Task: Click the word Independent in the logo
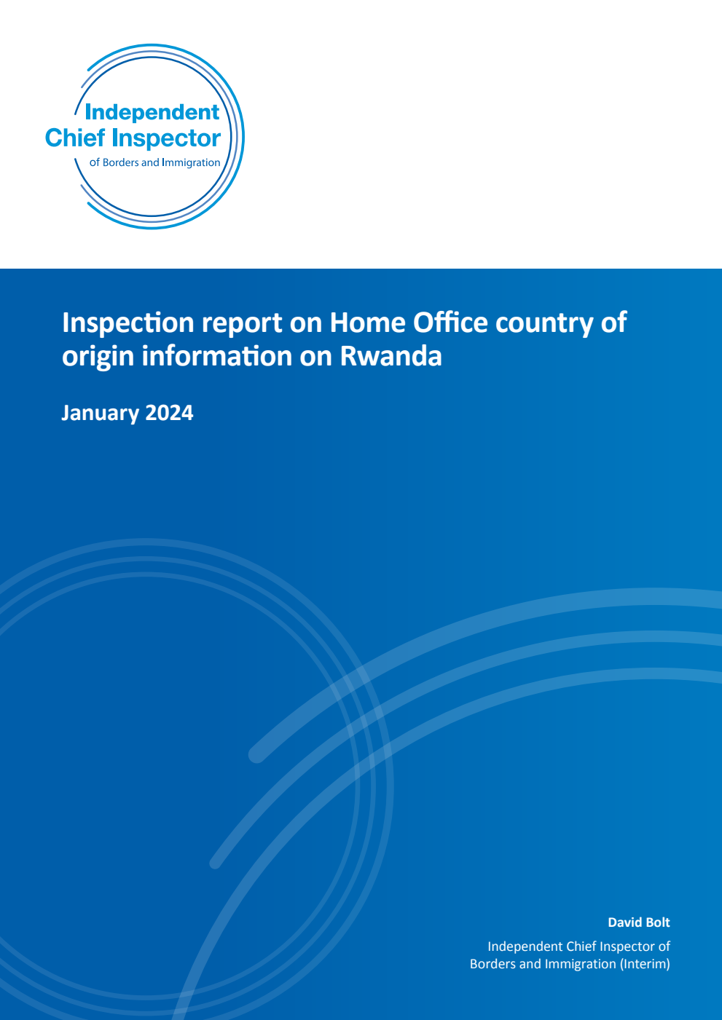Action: [x=152, y=112]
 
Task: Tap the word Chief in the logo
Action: [x=75, y=138]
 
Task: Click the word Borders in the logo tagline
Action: [x=120, y=162]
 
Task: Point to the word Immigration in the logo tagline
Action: [x=191, y=162]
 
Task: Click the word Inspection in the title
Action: [x=128, y=323]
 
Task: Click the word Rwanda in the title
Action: [x=391, y=357]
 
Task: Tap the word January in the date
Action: [x=100, y=413]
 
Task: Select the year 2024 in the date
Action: [x=169, y=413]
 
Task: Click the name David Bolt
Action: [x=639, y=922]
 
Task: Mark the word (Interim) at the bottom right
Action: [x=645, y=964]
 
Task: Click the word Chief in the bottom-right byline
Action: [x=581, y=946]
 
